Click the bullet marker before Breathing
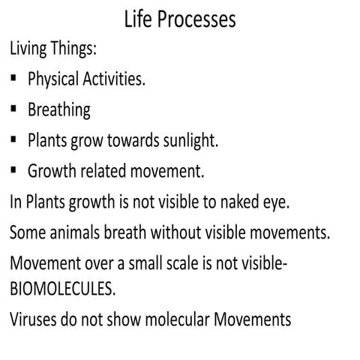[x=14, y=109]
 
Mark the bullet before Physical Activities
[x=14, y=78]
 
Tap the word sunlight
[x=190, y=141]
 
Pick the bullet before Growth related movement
[x=14, y=170]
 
